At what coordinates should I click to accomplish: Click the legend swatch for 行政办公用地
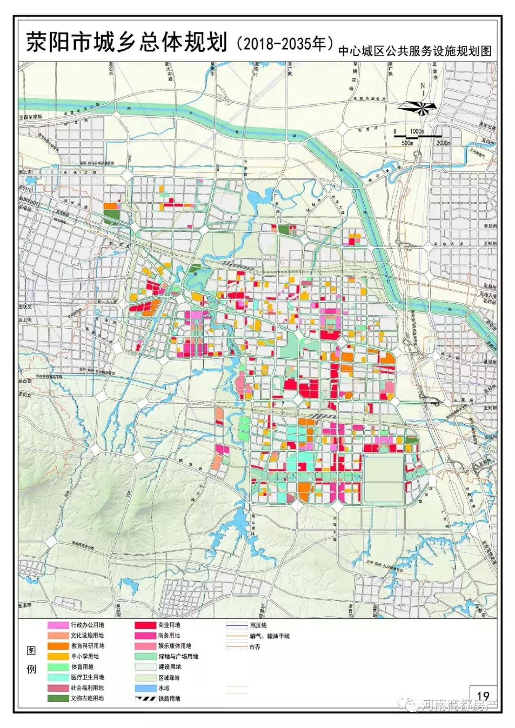[x=57, y=625]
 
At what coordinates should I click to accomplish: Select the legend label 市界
[x=255, y=647]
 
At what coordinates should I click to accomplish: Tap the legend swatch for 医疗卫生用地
[x=57, y=677]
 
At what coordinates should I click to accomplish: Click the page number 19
[x=483, y=697]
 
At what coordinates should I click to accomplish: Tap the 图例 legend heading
[x=31, y=661]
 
